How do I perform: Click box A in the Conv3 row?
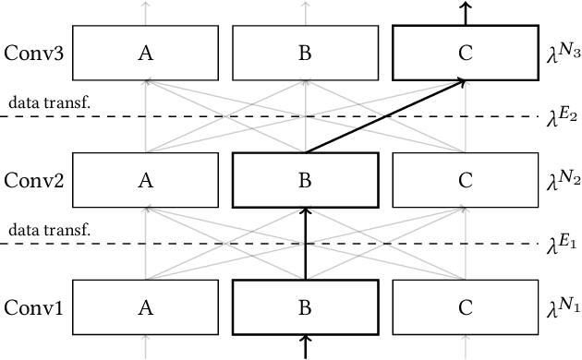point(145,54)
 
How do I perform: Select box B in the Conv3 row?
point(305,54)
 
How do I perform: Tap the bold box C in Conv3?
point(466,54)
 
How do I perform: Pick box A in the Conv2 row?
point(145,180)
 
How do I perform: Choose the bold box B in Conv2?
point(305,180)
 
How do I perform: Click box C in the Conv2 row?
point(466,180)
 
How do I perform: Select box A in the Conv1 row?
point(145,306)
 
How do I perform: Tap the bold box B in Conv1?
point(305,306)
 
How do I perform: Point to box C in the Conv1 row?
point(466,306)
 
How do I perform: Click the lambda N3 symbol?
point(561,52)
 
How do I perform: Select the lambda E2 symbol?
point(561,115)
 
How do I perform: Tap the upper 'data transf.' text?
point(50,102)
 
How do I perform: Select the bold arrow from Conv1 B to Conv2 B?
point(305,244)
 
